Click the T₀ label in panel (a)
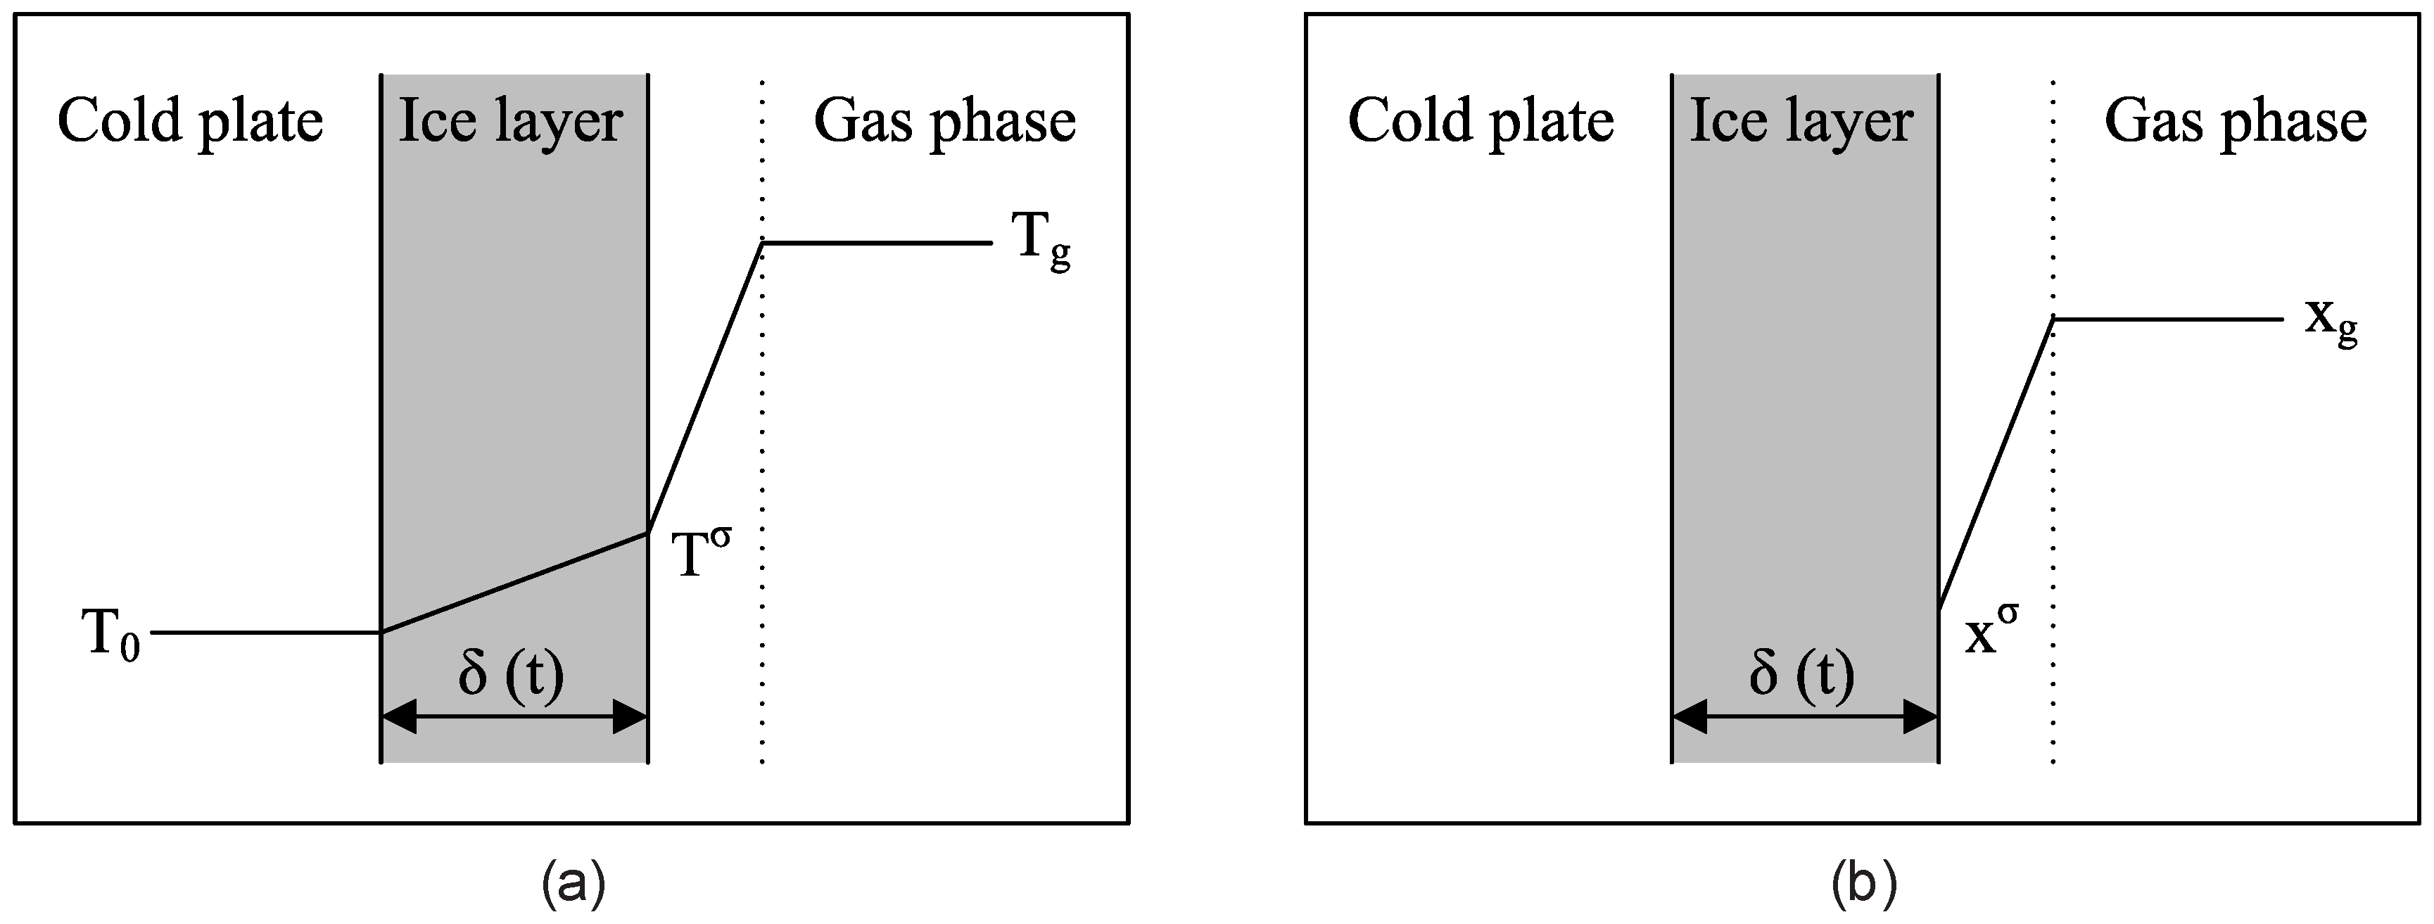[x=111, y=635]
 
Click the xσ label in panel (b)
[x=1992, y=632]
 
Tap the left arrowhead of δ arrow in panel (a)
[x=399, y=717]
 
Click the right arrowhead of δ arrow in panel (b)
[x=1921, y=717]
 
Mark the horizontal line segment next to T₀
[x=265, y=632]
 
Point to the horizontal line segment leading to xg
[x=2169, y=319]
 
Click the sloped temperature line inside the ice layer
[x=515, y=583]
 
